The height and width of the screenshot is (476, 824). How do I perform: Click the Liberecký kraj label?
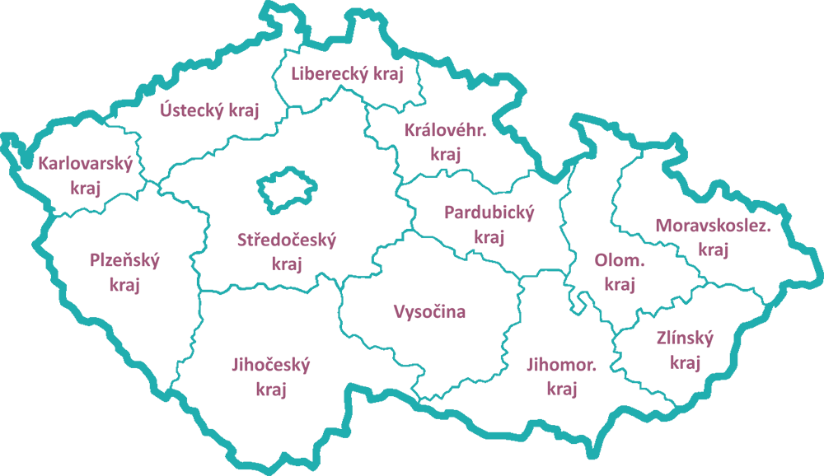click(x=347, y=74)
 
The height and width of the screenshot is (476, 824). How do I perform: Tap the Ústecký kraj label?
click(x=209, y=110)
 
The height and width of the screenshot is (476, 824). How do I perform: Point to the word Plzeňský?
click(x=124, y=261)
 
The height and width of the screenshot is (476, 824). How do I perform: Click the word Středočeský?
click(x=287, y=240)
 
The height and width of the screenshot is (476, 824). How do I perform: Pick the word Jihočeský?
click(x=270, y=365)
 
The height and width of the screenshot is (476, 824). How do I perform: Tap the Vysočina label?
click(x=429, y=311)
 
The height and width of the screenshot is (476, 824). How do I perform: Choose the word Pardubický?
click(x=489, y=213)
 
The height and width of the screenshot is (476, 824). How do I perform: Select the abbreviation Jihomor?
click(x=561, y=364)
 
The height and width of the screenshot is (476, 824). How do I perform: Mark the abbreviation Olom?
click(x=620, y=261)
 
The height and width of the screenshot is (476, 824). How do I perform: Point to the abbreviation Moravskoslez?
click(x=714, y=225)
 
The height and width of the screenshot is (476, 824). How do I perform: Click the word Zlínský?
click(x=685, y=338)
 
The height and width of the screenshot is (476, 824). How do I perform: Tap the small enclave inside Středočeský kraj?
click(x=285, y=189)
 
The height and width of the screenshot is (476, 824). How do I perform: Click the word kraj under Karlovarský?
click(x=85, y=188)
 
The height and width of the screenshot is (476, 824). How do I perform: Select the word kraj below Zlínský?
click(x=685, y=362)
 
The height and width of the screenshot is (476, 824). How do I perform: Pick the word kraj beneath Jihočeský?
click(x=270, y=390)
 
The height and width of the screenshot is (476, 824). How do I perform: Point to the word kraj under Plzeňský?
click(x=124, y=285)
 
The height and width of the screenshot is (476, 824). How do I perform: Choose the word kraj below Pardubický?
click(x=489, y=238)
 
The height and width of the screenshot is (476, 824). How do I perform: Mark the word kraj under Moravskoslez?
click(x=714, y=250)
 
